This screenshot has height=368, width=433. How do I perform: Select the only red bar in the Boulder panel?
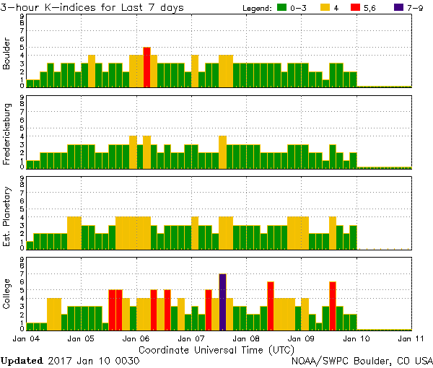click(x=146, y=66)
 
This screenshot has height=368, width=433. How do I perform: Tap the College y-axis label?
click(x=7, y=294)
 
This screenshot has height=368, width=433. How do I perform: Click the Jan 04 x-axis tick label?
click(x=26, y=338)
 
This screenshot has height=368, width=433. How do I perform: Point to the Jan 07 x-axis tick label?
click(x=191, y=338)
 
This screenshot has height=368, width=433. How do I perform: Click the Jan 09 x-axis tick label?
click(x=302, y=338)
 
